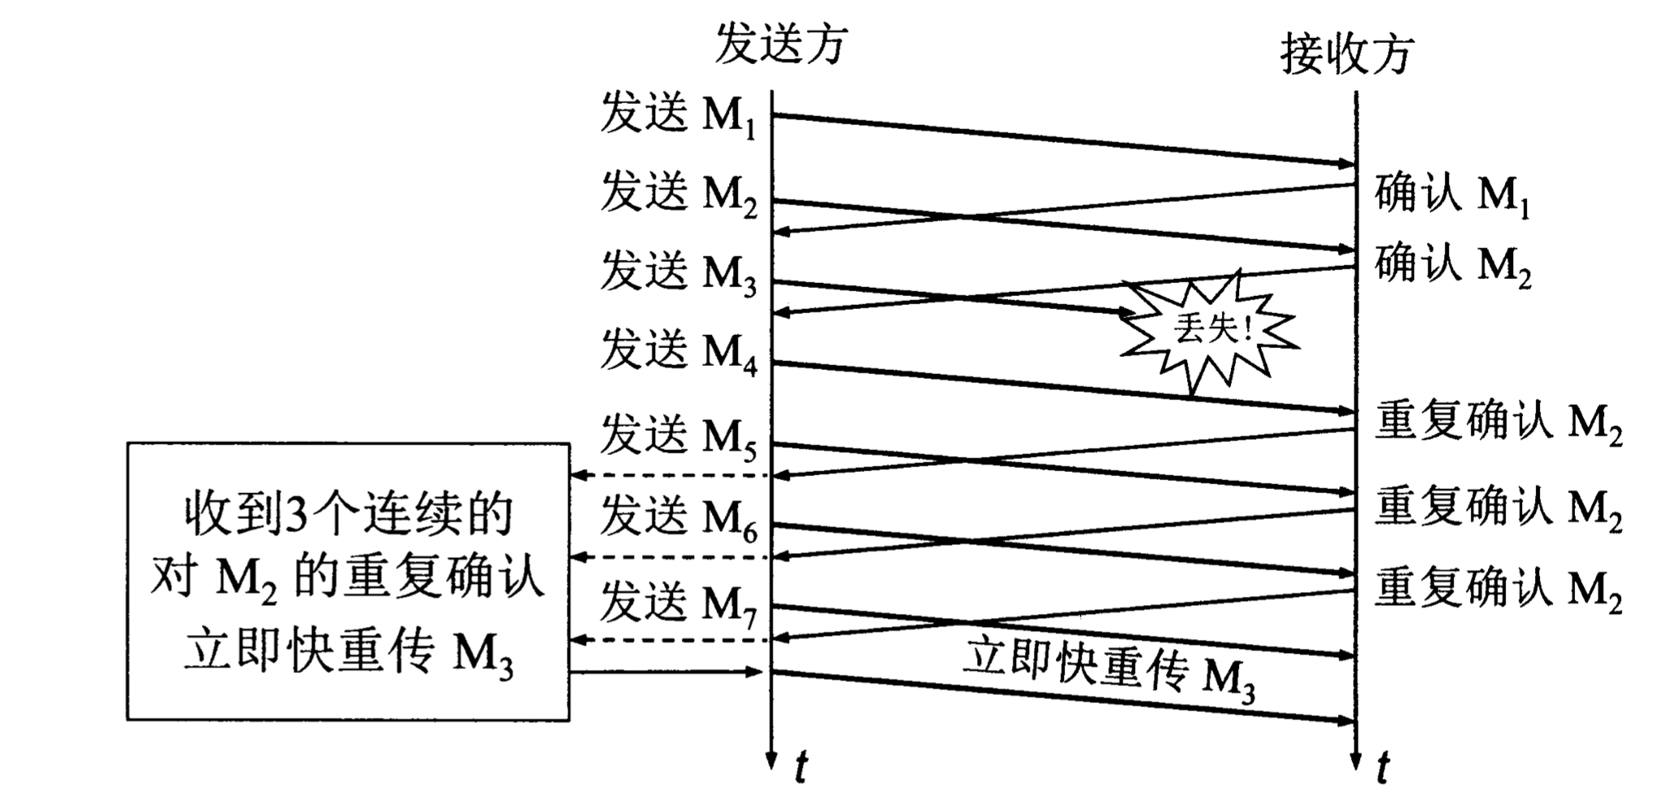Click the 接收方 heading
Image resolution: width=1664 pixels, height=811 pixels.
[x=1347, y=54]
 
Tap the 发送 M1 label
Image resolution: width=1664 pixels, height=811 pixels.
[x=678, y=114]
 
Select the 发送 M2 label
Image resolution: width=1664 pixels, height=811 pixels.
[x=678, y=195]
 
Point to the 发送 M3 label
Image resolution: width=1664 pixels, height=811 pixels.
[x=678, y=273]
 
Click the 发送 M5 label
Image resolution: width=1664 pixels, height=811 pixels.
[x=678, y=436]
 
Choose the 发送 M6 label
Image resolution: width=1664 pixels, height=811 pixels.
[x=678, y=517]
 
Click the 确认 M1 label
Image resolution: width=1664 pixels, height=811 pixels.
[x=1452, y=196]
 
